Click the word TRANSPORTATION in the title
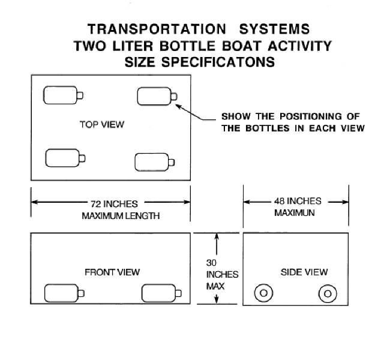157,29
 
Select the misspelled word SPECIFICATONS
218,62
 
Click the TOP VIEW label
102,124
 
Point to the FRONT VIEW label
112,272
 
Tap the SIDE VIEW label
304,272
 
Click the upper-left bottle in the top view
63,95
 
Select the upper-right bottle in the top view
157,96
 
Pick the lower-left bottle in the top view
65,158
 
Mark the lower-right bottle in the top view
155,162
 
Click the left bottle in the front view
64,293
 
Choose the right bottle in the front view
161,293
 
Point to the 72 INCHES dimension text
114,204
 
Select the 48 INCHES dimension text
298,201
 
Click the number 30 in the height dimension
211,263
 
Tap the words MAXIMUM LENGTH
121,216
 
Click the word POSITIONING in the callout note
311,116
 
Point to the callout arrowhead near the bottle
178,106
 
